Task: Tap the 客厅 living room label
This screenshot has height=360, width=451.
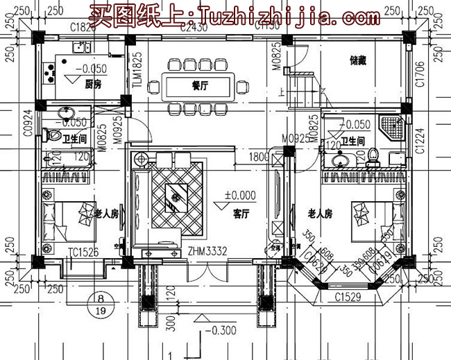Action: click(x=241, y=214)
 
